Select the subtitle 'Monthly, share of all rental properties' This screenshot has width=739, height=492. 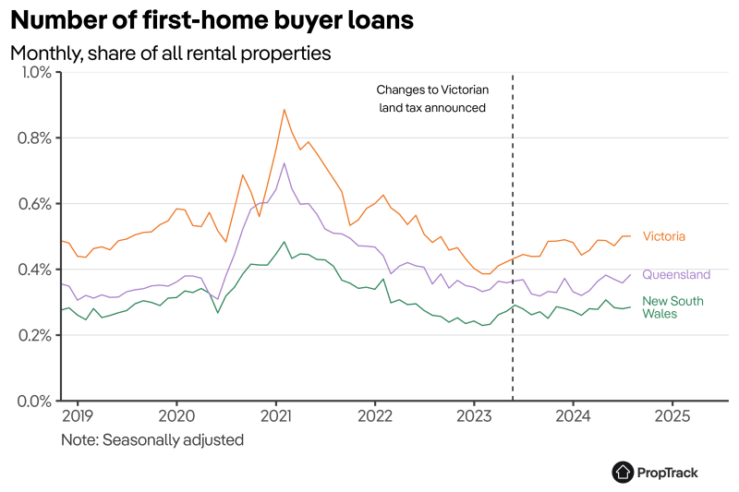[x=170, y=54]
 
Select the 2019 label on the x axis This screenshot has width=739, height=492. [x=78, y=415]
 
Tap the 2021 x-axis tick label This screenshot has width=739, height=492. [x=276, y=415]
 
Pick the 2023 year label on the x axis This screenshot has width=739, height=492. [x=474, y=415]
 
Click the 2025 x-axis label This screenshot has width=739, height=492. [x=672, y=415]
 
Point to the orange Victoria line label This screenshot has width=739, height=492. [x=663, y=236]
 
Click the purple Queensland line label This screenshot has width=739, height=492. [x=676, y=274]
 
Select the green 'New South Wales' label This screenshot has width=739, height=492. [x=672, y=307]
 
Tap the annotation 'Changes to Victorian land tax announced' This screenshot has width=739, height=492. [x=431, y=99]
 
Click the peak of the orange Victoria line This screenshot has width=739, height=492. [x=284, y=110]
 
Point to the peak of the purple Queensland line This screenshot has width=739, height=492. [x=284, y=163]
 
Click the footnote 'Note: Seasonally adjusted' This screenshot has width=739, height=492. [x=152, y=439]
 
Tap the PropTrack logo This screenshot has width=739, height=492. [x=655, y=472]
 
